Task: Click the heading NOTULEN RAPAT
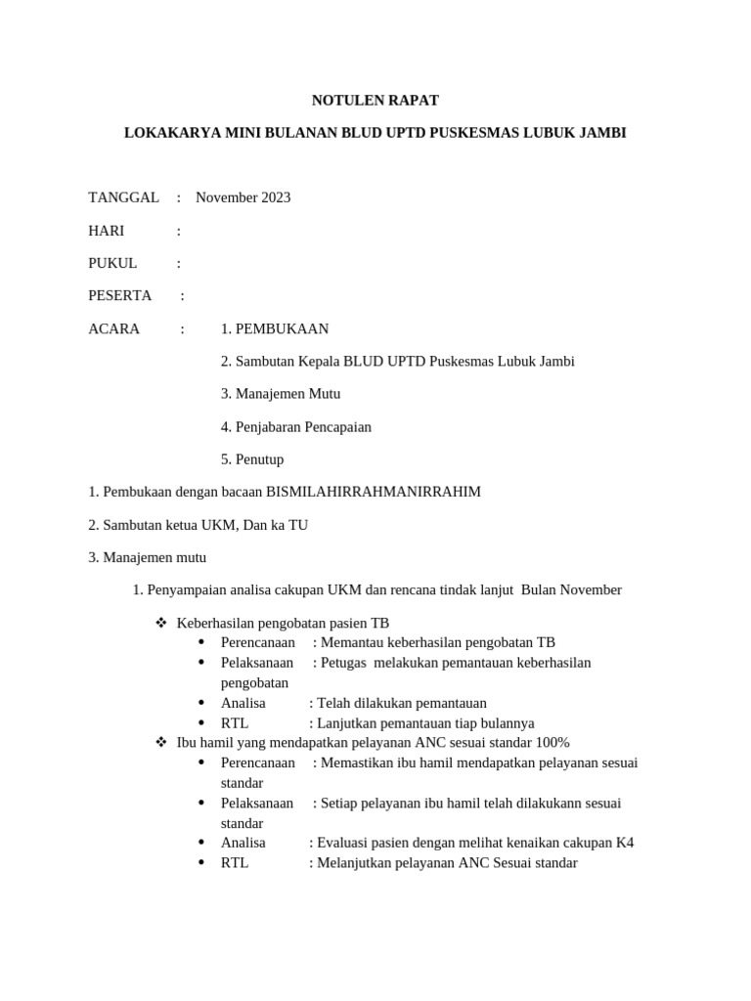(x=375, y=100)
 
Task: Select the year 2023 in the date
(x=274, y=197)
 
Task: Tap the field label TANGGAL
(x=123, y=197)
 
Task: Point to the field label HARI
(x=107, y=231)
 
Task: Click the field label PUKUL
(x=112, y=263)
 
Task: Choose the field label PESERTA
(x=119, y=295)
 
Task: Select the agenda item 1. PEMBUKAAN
(x=275, y=328)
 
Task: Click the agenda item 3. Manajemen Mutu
(x=281, y=394)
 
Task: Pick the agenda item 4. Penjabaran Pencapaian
(x=296, y=427)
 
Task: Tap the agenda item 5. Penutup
(x=252, y=459)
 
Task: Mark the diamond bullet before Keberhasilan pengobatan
(x=161, y=623)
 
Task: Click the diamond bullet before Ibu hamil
(x=161, y=743)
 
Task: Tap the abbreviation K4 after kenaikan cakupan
(x=625, y=843)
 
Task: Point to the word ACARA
(x=113, y=328)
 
